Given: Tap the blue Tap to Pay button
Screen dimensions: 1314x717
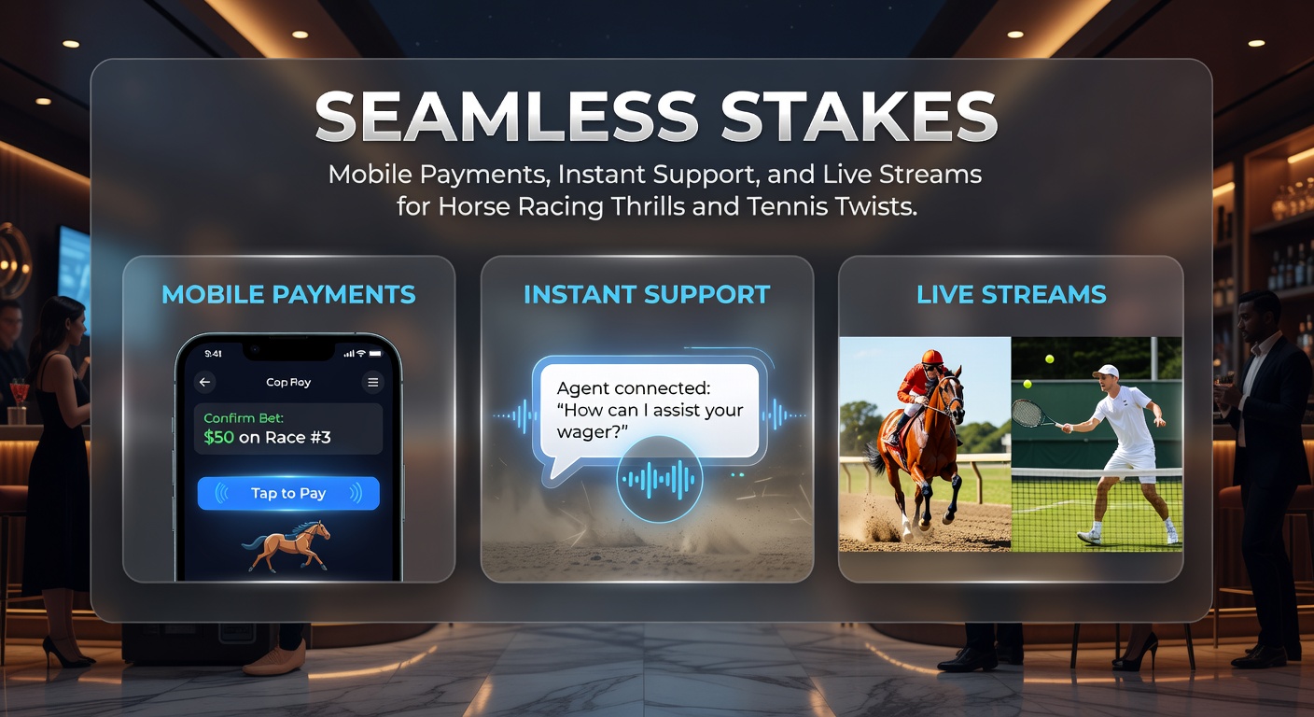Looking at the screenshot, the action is coord(288,493).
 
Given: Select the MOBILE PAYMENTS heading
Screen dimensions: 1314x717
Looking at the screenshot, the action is coord(288,294).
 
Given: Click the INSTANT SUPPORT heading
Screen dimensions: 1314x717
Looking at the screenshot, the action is coord(647,294).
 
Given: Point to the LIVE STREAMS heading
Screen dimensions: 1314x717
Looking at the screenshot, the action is coord(1012,294).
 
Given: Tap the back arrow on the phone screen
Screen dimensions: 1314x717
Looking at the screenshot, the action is coord(204,382).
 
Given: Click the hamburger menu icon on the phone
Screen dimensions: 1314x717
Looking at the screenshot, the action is coord(372,383).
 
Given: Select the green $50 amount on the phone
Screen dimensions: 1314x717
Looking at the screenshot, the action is coord(218,437).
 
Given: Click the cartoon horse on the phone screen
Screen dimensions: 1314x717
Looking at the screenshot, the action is coord(287,545).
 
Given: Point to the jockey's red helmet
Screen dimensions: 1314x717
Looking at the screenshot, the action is coord(932,357).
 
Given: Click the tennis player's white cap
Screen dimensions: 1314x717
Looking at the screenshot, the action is coord(1106,372).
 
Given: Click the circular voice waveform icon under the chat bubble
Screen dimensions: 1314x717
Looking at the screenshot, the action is coord(659,479).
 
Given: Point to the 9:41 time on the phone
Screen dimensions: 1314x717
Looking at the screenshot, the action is coord(213,353).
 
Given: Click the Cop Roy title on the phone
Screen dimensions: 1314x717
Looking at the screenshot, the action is coord(288,382).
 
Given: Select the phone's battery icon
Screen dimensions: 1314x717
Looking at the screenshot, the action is coord(375,353).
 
